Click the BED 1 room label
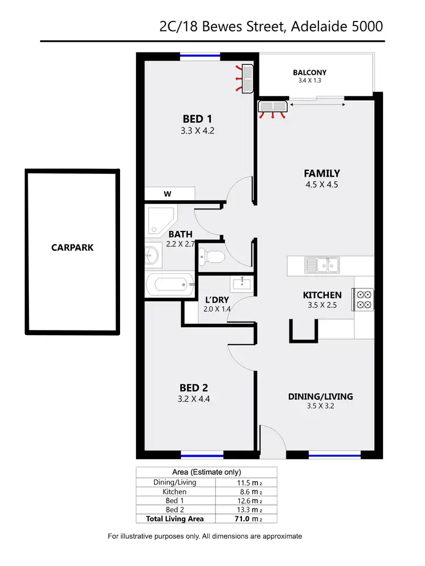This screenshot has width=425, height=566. [197, 119]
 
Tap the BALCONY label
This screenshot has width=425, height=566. [309, 72]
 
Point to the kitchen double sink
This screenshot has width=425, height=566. [321, 264]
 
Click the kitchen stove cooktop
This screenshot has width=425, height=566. [363, 300]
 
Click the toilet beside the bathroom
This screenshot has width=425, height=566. [212, 257]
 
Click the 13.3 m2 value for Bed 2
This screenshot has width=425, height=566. [247, 509]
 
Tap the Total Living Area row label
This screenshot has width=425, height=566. [175, 518]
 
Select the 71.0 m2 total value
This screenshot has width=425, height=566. [247, 518]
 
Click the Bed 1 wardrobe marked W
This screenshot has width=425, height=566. [168, 194]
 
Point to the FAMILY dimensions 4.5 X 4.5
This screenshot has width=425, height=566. [321, 185]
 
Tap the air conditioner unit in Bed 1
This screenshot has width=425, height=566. [247, 78]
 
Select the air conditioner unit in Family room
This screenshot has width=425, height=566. [273, 106]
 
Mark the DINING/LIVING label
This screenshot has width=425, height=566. [321, 396]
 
